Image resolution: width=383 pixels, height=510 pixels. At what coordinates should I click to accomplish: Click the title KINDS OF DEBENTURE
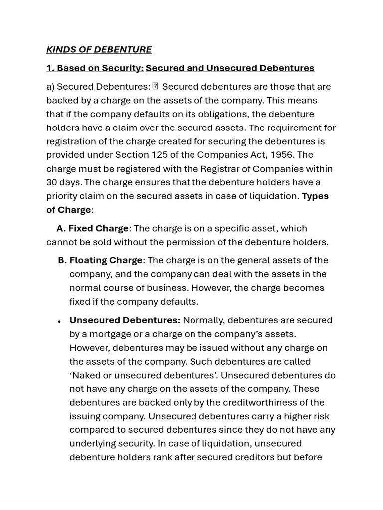pos(99,49)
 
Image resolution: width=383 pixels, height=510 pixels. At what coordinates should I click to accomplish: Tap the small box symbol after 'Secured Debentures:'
pos(155,87)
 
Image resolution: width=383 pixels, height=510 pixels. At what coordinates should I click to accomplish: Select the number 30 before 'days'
pos(52,182)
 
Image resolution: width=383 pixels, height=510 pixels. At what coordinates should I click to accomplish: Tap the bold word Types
pos(315,196)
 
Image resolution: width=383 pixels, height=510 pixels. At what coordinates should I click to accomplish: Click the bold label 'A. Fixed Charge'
pos(92,228)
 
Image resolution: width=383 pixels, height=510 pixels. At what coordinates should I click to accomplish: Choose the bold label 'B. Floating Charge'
pos(100,260)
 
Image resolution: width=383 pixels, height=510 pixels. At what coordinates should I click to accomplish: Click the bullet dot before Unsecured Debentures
pos(59,321)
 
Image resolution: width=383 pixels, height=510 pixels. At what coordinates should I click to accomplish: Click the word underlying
pos(93,443)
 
